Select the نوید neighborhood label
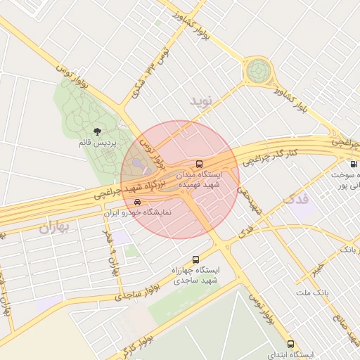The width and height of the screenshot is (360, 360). [x=200, y=102]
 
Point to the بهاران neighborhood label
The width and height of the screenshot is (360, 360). [x=56, y=228]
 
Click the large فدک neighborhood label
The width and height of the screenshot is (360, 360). [x=295, y=199]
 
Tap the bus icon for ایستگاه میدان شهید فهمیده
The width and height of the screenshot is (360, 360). [x=199, y=163]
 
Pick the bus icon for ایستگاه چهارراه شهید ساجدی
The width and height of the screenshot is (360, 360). [x=195, y=259]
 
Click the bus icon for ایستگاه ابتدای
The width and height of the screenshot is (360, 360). [x=291, y=345]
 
